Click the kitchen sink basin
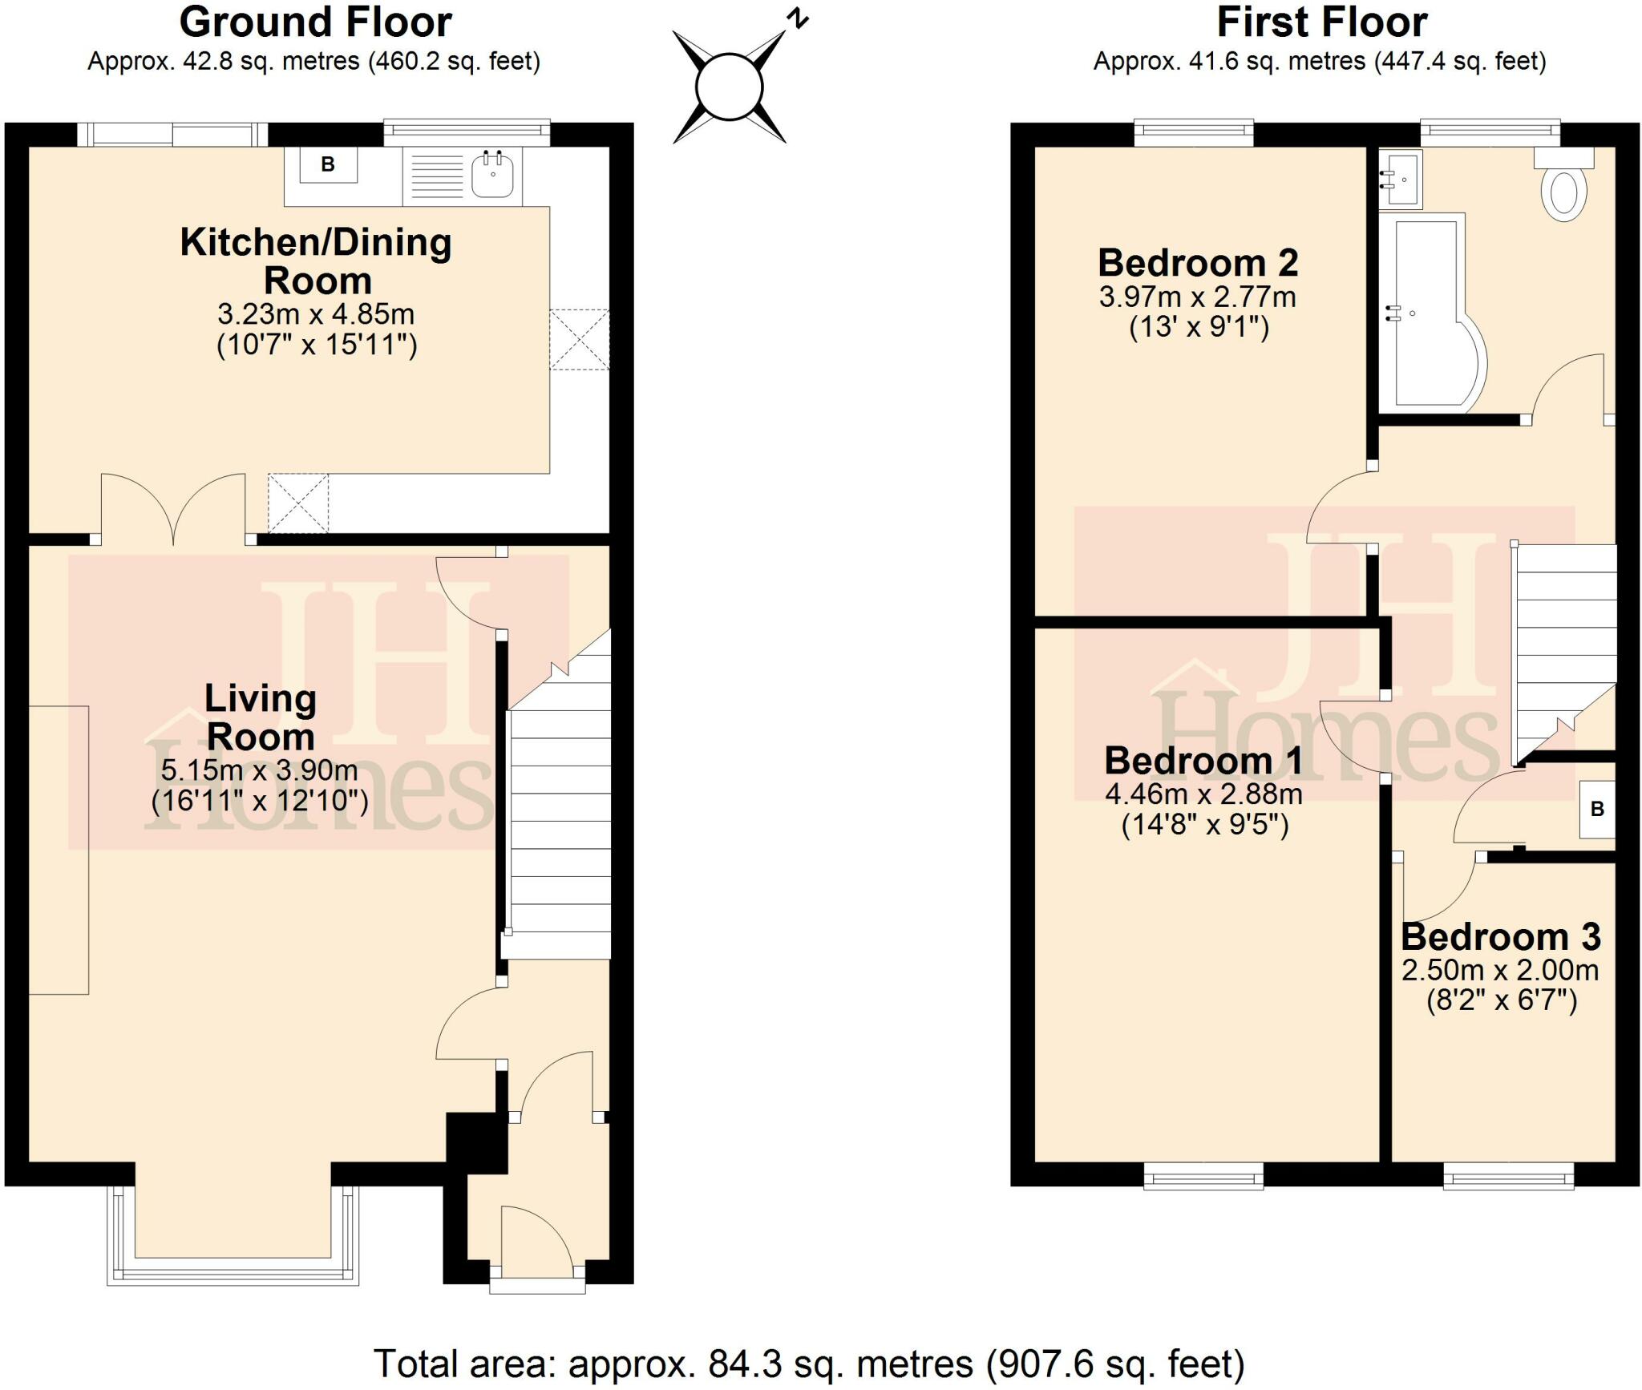[492, 174]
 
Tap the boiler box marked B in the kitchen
[328, 165]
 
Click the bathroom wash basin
[1401, 180]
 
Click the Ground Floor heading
[315, 22]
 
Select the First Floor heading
[1321, 22]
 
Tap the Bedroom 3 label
[1500, 936]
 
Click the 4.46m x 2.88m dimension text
[1203, 794]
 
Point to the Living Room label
[261, 717]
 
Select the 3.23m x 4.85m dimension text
[316, 313]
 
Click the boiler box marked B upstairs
[1597, 810]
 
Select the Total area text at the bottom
[808, 1364]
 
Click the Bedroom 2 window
[1194, 132]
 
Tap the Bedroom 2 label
[1198, 263]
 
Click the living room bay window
[233, 1275]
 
